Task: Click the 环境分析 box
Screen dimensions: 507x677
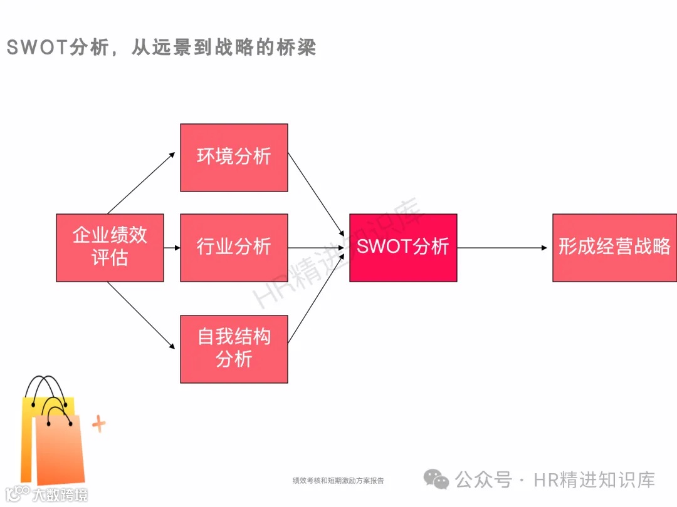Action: (234, 157)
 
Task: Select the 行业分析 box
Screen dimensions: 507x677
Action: (234, 247)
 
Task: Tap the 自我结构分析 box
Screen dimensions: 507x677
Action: (234, 349)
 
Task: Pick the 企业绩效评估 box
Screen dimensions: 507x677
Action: (110, 247)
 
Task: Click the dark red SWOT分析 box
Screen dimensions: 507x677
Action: (403, 247)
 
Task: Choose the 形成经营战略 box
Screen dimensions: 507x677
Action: (614, 247)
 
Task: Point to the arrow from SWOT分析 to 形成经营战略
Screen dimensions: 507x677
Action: (501, 248)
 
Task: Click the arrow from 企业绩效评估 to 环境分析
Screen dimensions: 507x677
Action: (141, 183)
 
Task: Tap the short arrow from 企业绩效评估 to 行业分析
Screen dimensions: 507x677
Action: (172, 248)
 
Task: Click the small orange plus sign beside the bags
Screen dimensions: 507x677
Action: (98, 425)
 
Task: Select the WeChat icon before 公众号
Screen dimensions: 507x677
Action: (436, 479)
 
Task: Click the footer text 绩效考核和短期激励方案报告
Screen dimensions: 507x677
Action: (338, 481)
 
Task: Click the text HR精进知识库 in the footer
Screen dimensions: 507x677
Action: (594, 480)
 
